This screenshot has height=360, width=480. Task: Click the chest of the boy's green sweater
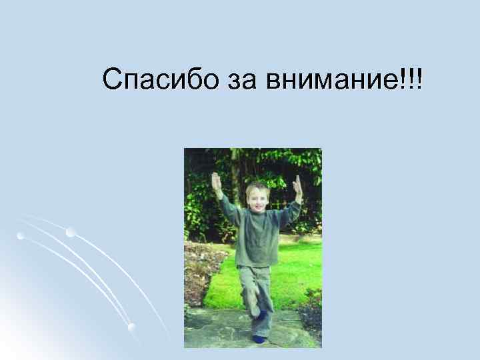point(256,230)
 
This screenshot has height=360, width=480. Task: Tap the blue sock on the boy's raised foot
point(263,313)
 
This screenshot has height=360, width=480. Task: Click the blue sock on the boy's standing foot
point(259,339)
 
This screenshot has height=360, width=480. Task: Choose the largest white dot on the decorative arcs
point(71,232)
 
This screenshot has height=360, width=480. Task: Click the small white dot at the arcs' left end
point(20,236)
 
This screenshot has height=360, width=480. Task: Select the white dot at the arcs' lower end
point(131,326)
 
